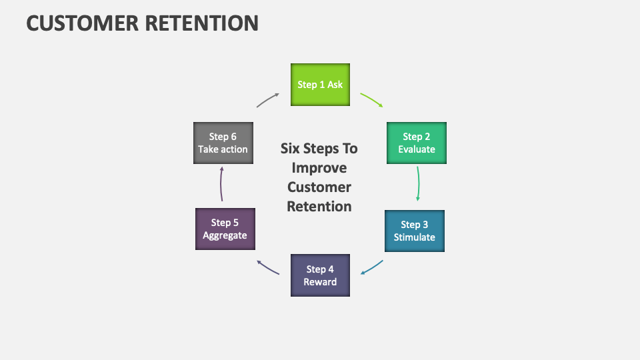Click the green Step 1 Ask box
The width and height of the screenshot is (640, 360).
click(320, 85)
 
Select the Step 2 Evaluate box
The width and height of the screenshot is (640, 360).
click(417, 143)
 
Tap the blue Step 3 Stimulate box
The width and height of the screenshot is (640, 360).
click(414, 231)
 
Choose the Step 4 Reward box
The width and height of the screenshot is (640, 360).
click(320, 275)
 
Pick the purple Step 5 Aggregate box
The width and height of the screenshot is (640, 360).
click(225, 229)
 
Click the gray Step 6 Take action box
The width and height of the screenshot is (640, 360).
click(223, 143)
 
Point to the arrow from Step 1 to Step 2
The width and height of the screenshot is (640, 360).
click(372, 100)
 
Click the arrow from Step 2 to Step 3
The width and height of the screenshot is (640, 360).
click(418, 183)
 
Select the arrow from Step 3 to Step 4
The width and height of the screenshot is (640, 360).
click(372, 268)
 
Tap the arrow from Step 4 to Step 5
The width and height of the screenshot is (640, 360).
click(268, 267)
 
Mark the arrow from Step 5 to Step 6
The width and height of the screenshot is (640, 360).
click(221, 185)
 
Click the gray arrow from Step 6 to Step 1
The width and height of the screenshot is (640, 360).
click(268, 99)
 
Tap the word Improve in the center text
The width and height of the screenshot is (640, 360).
click(319, 167)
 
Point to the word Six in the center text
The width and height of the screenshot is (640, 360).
click(292, 148)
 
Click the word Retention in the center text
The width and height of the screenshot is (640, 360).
click(319, 206)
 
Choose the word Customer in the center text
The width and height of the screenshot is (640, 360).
click(319, 187)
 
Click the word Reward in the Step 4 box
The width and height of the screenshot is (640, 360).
click(320, 282)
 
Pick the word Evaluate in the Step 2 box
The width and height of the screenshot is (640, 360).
click(417, 149)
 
